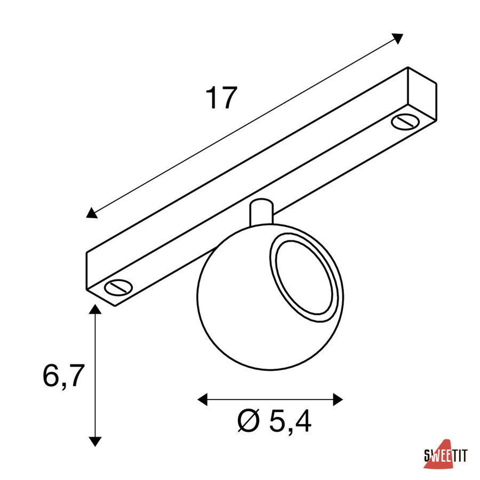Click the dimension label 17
coord(221,98)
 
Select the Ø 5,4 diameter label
coord(275,421)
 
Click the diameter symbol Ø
coord(249,421)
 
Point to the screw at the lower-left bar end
coord(118,287)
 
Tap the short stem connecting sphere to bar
coord(261,213)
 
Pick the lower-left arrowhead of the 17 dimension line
coord(92,213)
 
